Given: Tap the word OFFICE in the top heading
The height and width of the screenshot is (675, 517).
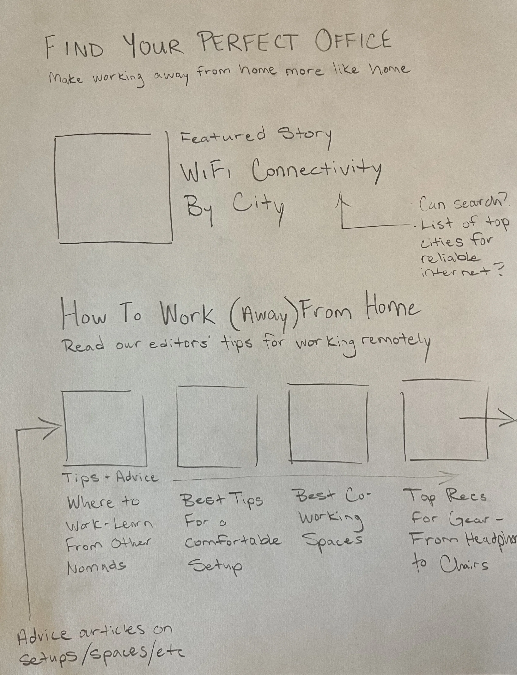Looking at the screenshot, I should click(x=353, y=42).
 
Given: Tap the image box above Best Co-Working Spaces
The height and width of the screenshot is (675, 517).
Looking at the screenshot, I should click(x=328, y=423).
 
